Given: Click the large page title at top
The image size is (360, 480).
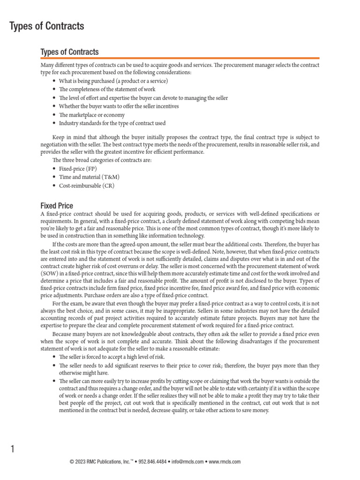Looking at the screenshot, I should coord(47,26).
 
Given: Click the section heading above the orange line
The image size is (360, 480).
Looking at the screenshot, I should coord(69,52).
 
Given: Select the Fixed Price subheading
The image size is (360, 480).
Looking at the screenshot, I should coord(57,206).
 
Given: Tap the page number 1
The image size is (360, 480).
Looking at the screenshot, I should coord(13,450).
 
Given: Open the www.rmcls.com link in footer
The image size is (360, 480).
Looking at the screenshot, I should coord(224,462).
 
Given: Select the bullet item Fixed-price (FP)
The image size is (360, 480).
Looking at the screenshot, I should coord(78,168).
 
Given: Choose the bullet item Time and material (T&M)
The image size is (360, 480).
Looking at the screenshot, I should coord(89,177).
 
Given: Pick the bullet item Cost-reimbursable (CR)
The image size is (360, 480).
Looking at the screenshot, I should coord(86,185).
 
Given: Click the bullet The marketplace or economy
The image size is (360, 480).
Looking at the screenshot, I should coord(91,115).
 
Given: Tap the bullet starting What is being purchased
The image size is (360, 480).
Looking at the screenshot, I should coord(113,81).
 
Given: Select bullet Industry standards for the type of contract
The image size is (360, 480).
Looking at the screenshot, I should coord(112,123).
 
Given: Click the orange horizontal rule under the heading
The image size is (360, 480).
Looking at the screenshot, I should coord(180,58).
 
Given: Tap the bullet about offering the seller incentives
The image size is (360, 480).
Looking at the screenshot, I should coord(119,106).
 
